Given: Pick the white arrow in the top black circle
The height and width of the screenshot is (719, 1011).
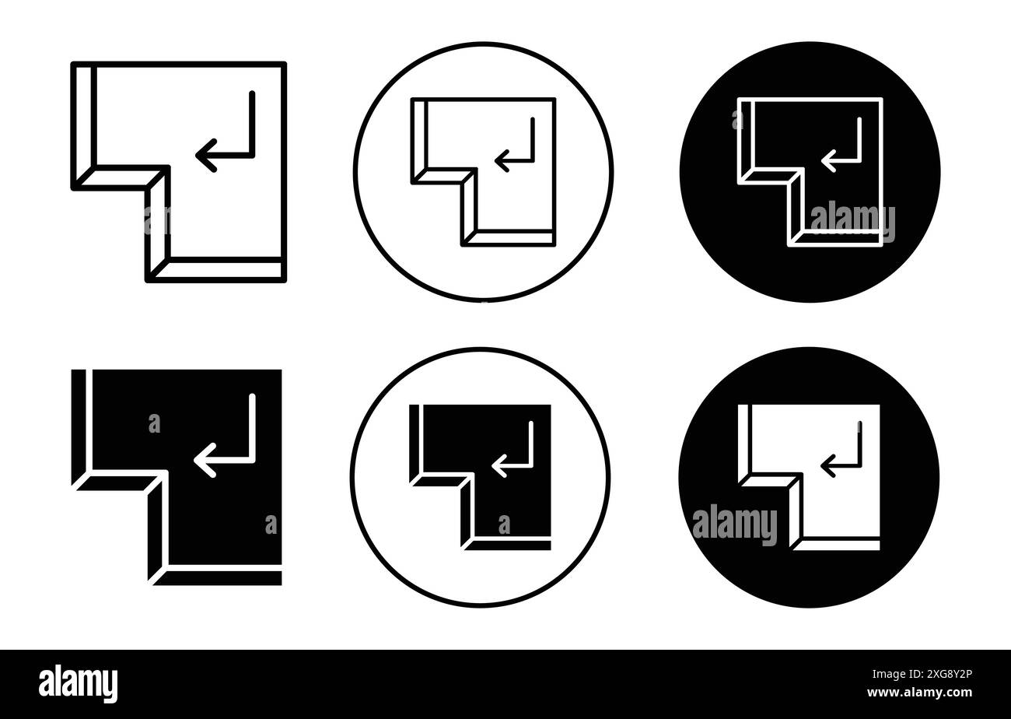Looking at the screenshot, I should coord(841,148).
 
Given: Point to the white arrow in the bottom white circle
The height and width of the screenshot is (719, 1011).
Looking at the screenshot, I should coord(513,453).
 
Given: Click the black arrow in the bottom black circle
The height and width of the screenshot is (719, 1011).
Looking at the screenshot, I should coord(841,453).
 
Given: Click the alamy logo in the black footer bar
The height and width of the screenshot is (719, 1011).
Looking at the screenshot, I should coord(79,682).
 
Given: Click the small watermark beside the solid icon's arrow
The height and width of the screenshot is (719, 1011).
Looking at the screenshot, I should coord(154,423).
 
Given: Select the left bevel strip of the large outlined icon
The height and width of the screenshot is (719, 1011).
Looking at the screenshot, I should coord(85,121).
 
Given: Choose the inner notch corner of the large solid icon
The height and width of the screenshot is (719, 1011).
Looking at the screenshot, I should coord(166,472).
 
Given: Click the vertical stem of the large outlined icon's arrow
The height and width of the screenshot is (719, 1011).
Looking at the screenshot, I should coord(251,125).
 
